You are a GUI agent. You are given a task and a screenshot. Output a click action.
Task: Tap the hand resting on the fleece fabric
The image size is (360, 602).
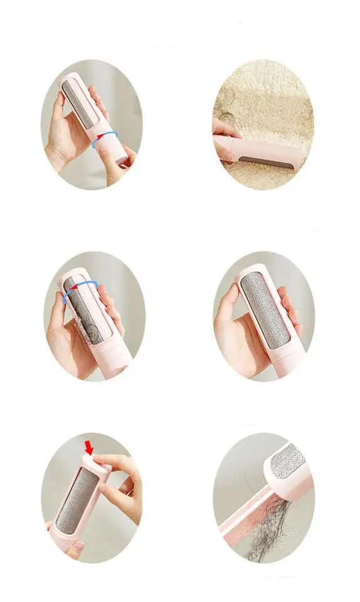pyautogui.click(x=225, y=129)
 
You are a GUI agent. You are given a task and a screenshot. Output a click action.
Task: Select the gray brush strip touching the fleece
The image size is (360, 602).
pyautogui.click(x=263, y=161)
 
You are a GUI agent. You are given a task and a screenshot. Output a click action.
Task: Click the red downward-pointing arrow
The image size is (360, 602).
pyautogui.click(x=89, y=447)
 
